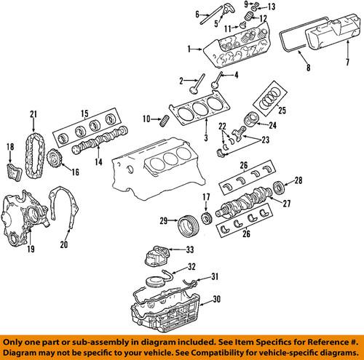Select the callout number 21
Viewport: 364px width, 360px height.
pos(32,113)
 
